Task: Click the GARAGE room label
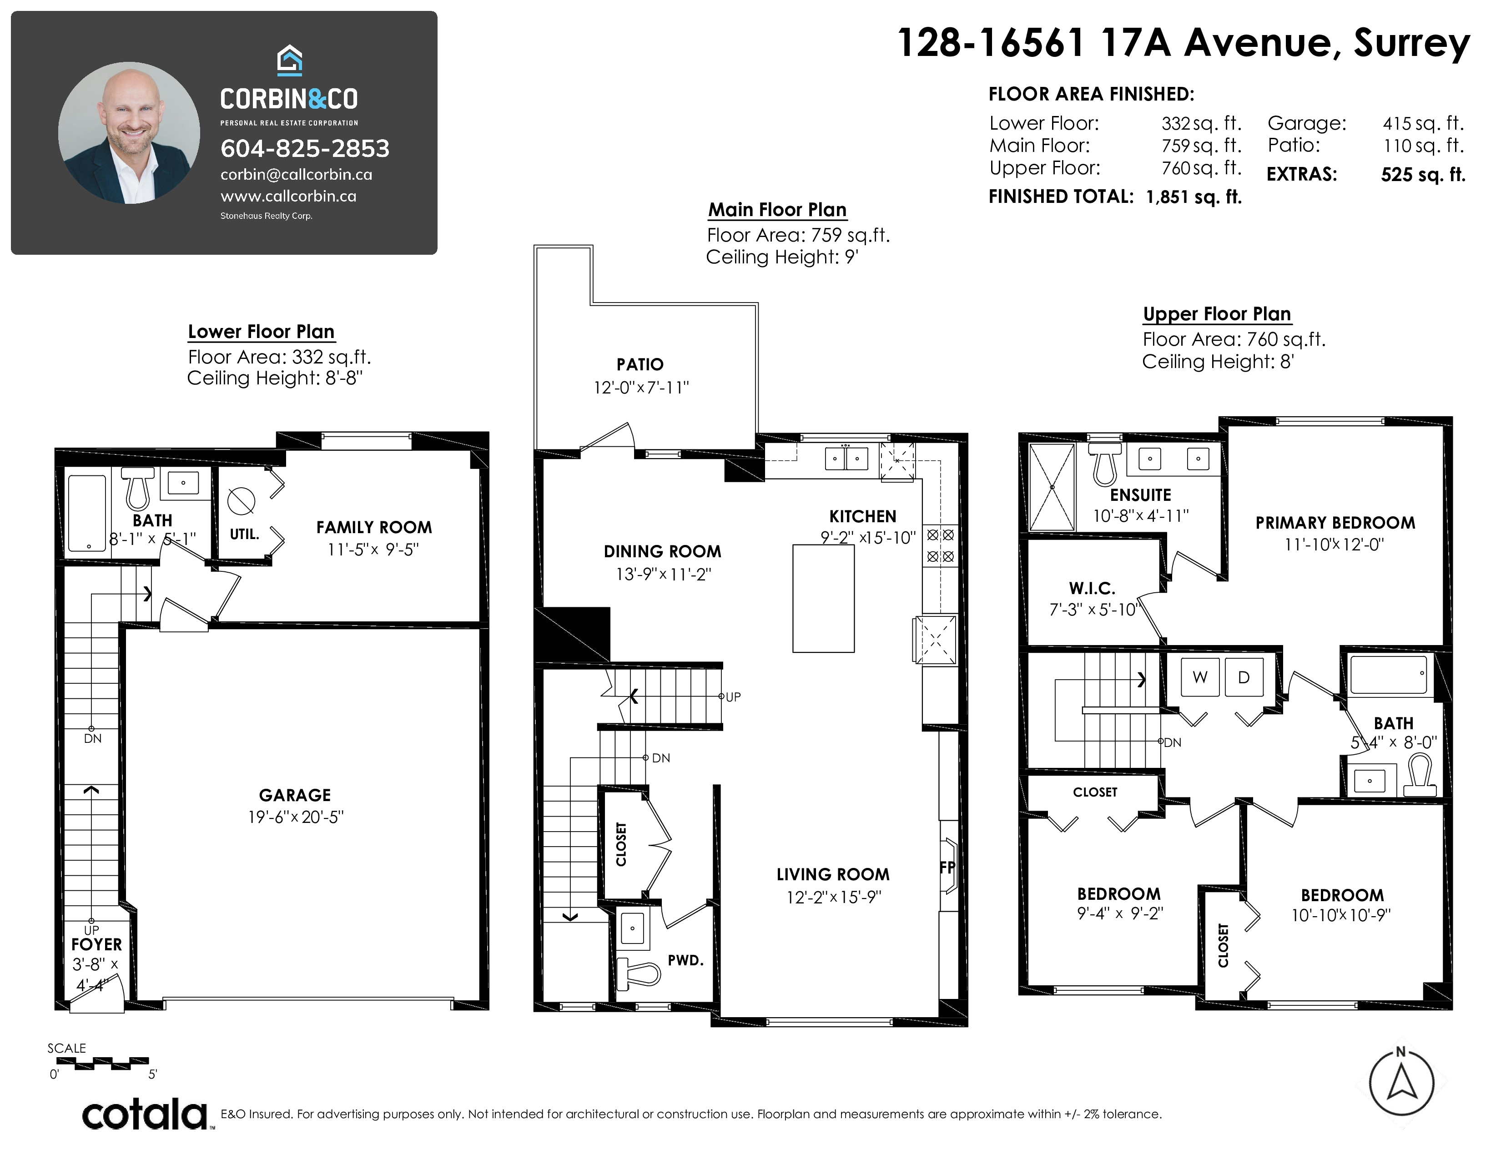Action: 295,795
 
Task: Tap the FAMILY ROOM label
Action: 374,527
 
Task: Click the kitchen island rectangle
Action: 823,598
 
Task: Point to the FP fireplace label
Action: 948,867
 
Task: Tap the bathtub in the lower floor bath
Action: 87,513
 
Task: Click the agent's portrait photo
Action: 129,133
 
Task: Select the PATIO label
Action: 640,364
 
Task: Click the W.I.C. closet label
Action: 1092,588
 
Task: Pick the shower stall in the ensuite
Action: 1052,487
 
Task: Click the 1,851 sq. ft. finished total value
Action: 1194,197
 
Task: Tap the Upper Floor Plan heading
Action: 1217,314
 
